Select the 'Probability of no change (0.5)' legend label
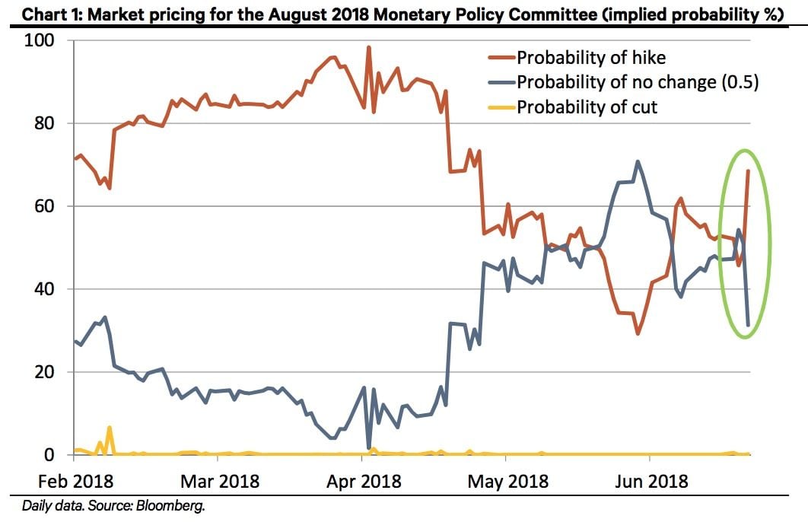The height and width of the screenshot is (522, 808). tap(638, 82)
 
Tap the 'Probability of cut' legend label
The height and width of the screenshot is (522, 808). tap(587, 107)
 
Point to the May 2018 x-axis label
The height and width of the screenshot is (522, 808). tap(506, 482)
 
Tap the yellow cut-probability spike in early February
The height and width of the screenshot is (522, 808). tap(110, 428)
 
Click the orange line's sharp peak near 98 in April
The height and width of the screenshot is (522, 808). tap(369, 47)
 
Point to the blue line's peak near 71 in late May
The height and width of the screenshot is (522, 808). tap(638, 161)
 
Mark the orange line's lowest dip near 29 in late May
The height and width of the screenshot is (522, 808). tap(638, 333)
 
